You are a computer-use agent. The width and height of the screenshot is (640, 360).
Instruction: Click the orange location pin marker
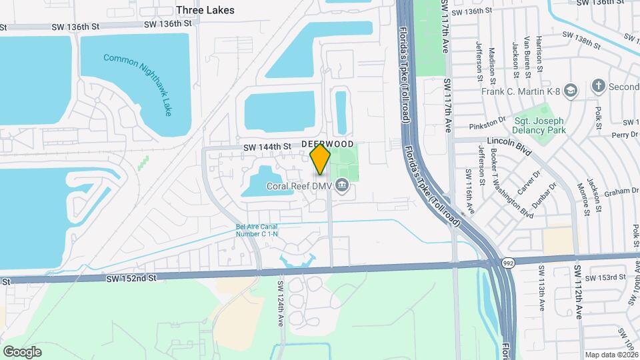pos(321,159)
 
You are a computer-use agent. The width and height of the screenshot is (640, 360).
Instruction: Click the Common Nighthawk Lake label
pos(138,83)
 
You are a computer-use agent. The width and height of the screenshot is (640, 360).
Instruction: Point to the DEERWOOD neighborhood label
pos(327,144)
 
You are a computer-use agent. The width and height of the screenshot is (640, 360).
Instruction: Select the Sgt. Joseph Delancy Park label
pos(539,125)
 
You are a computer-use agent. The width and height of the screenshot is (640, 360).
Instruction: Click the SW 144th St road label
pos(267,147)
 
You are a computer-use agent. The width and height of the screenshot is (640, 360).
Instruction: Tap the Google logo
pos(22,351)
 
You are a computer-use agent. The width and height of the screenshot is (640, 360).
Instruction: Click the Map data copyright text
pos(610,355)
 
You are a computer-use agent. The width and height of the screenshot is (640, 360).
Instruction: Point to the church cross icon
pos(599,86)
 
